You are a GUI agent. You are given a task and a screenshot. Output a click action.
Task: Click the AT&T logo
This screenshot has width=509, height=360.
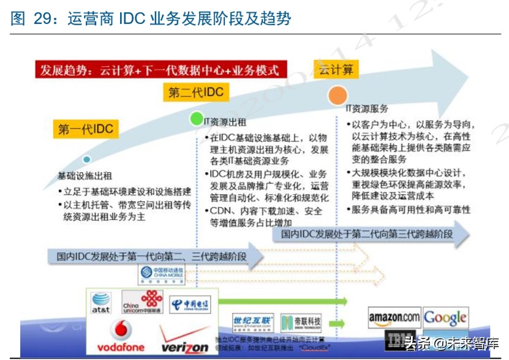(x=101, y=302)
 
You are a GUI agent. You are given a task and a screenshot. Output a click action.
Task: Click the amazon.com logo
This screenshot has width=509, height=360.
(x=394, y=317)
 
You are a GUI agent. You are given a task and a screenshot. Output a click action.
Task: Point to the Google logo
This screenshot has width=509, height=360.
(x=445, y=318)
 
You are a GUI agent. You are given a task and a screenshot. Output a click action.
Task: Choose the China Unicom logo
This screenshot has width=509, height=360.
(x=143, y=301)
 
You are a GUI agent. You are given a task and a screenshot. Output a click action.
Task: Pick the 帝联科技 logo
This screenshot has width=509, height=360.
(x=301, y=321)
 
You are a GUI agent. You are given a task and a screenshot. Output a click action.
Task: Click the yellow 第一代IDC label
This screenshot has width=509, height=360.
(x=85, y=129)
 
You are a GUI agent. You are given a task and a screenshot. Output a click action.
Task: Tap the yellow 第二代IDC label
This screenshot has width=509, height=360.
(x=196, y=93)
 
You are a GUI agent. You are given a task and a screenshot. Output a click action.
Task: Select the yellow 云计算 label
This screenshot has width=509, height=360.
(x=334, y=69)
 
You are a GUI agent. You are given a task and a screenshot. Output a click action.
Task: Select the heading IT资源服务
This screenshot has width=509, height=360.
(x=366, y=108)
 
